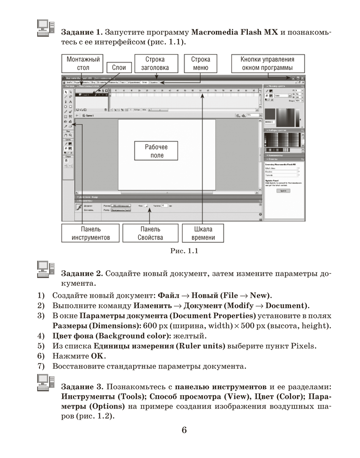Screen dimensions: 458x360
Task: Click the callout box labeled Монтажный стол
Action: coord(83,64)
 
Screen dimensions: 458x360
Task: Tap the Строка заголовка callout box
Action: coord(155,64)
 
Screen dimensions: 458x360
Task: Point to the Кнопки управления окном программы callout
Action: coord(267,64)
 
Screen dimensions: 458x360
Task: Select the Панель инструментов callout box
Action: coord(90,233)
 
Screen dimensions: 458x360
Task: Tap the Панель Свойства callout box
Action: coord(150,233)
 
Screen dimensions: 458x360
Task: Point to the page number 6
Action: coord(184,430)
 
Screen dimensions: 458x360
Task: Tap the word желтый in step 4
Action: coord(196,336)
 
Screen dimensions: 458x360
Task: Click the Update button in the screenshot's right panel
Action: coord(283,191)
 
